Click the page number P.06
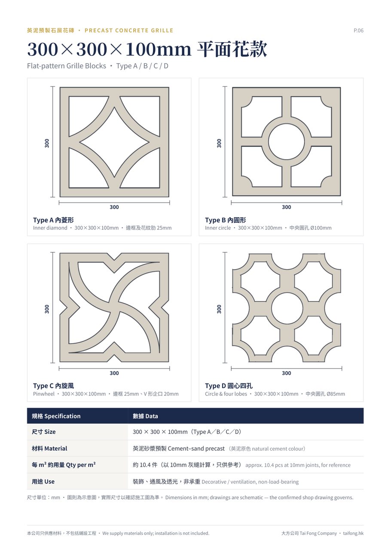pyautogui.click(x=358, y=31)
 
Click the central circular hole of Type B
pyautogui.click(x=287, y=142)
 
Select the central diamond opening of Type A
pyautogui.click(x=114, y=142)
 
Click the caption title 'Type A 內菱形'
pyautogui.click(x=53, y=220)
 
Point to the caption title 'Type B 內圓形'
pyautogui.click(x=226, y=220)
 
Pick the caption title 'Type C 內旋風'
pyautogui.click(x=53, y=386)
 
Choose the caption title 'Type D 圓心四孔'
pyautogui.click(x=229, y=386)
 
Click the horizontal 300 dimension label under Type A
pyautogui.click(x=114, y=207)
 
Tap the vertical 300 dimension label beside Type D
pyautogui.click(x=219, y=309)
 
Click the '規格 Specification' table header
pyautogui.click(x=56, y=416)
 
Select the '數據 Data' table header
pyautogui.click(x=145, y=416)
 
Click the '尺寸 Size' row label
pyautogui.click(x=44, y=432)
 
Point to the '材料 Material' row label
pyautogui.click(x=49, y=449)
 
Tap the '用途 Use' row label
pyautogui.click(x=43, y=482)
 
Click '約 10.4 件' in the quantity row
pyautogui.click(x=145, y=465)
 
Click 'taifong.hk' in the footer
pyautogui.click(x=353, y=533)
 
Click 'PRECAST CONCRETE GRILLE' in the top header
pyautogui.click(x=129, y=31)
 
